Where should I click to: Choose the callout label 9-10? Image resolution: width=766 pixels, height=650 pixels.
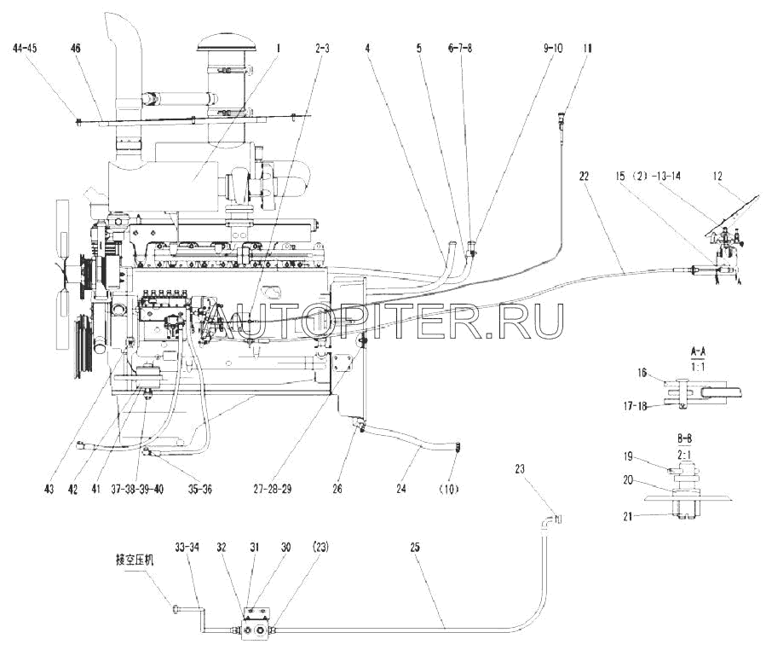[553, 49]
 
